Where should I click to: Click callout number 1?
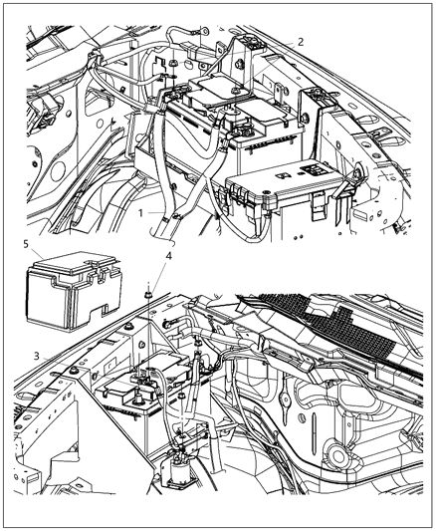[142, 213]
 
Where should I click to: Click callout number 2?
[300, 41]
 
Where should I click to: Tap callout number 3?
[36, 355]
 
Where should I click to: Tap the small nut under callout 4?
[147, 291]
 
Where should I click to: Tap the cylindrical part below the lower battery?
[184, 468]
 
